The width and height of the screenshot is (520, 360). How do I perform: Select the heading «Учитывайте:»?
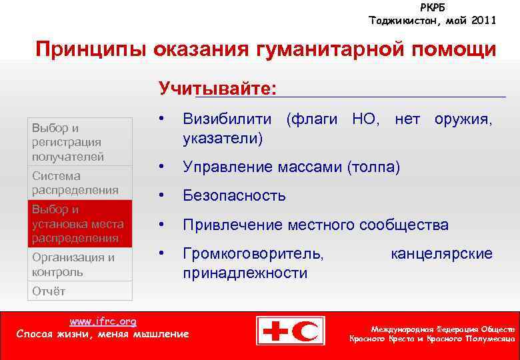[x=218, y=89]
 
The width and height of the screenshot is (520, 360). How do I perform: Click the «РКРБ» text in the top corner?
[x=433, y=7]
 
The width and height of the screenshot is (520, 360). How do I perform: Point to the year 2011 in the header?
[x=481, y=21]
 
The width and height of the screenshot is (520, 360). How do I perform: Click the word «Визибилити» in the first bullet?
[x=227, y=120]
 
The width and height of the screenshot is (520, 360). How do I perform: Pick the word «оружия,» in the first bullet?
[x=463, y=120]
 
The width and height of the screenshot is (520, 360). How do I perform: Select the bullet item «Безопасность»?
[x=234, y=196]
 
